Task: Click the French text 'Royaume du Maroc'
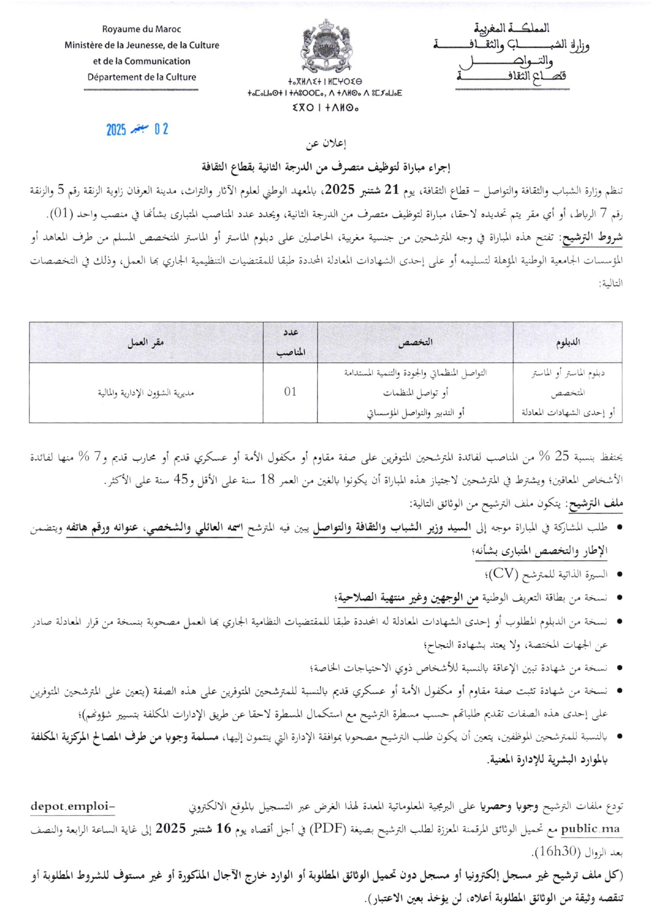141,30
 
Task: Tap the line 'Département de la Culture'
141,77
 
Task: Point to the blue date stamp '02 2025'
137,129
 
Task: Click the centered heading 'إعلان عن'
327,143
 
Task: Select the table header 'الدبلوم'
568,342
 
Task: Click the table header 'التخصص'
415,342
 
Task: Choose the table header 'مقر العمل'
146,342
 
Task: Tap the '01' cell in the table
290,392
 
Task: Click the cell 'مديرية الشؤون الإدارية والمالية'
146,393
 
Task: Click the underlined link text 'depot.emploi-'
73,806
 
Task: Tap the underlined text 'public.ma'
590,829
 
